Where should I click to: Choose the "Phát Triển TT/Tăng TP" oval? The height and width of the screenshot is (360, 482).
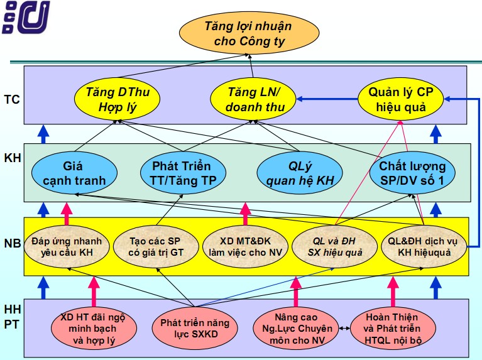tap(182, 174)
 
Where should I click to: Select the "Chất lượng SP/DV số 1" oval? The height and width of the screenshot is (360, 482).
tap(408, 174)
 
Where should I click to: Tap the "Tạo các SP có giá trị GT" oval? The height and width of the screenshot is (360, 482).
tap(156, 247)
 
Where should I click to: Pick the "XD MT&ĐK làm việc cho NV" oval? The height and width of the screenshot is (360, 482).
tap(246, 247)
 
